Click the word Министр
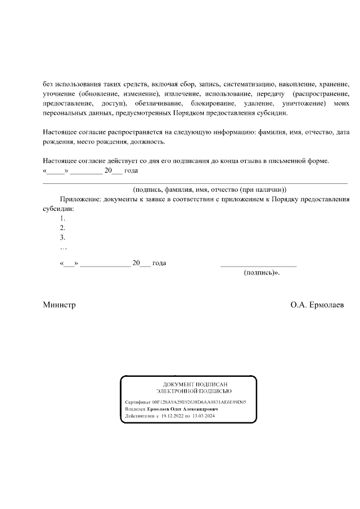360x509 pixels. [x=59, y=305]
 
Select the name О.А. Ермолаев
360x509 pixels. [x=317, y=305]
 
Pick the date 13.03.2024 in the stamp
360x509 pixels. [x=204, y=416]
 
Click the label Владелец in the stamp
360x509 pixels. [x=135, y=409]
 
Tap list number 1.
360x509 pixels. [x=62, y=218]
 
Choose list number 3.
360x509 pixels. [x=62, y=237]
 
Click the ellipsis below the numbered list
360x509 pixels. [x=63, y=247]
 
